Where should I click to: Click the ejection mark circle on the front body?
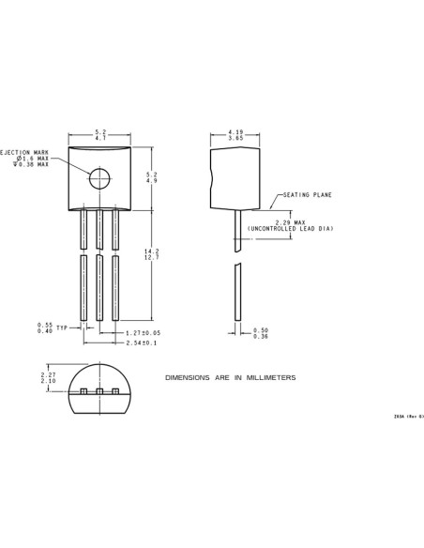(100, 176)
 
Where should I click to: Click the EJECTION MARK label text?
(24, 151)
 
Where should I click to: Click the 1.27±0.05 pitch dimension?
(143, 332)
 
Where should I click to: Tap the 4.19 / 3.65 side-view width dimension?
(236, 135)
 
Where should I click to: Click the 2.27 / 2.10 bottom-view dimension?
(48, 378)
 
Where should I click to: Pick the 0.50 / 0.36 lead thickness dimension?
(261, 333)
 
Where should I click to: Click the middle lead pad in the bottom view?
(98, 391)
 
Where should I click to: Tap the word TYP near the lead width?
(62, 328)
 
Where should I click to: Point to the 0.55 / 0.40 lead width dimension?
(44, 328)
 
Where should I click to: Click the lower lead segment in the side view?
(236, 294)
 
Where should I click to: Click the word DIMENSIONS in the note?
(184, 377)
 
